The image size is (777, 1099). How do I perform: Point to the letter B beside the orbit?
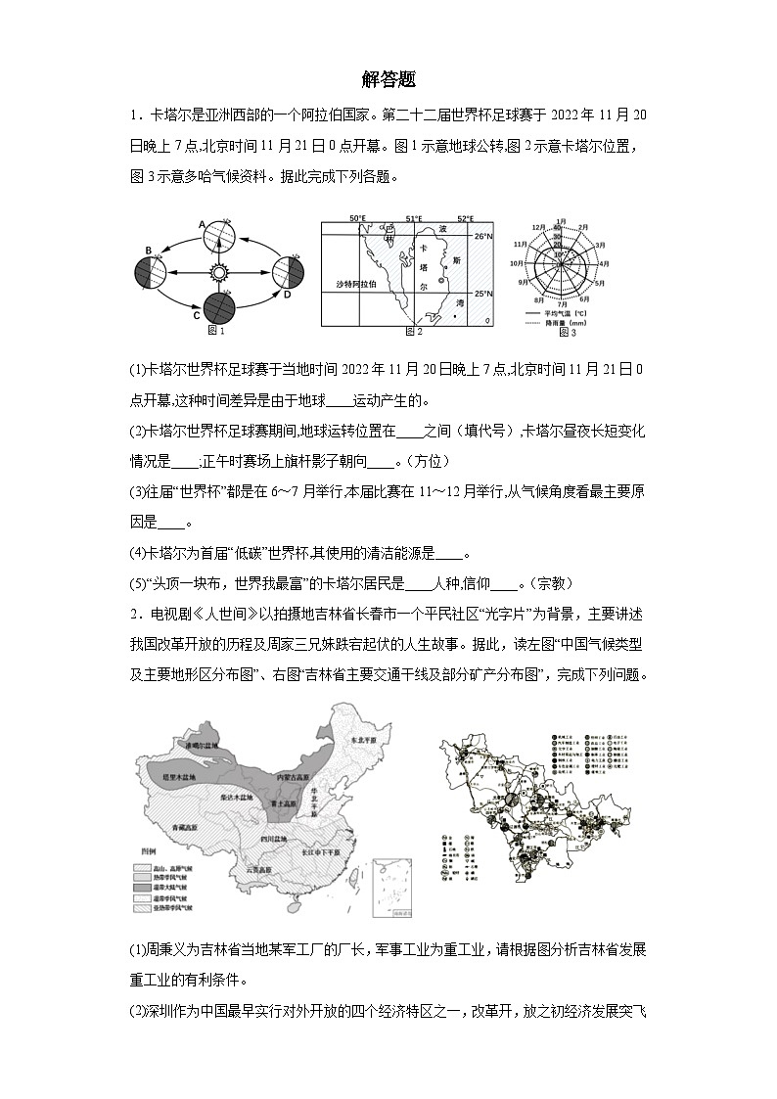(x=149, y=252)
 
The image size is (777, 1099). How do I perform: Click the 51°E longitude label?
(x=414, y=218)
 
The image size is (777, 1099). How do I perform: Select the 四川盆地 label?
(x=273, y=840)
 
